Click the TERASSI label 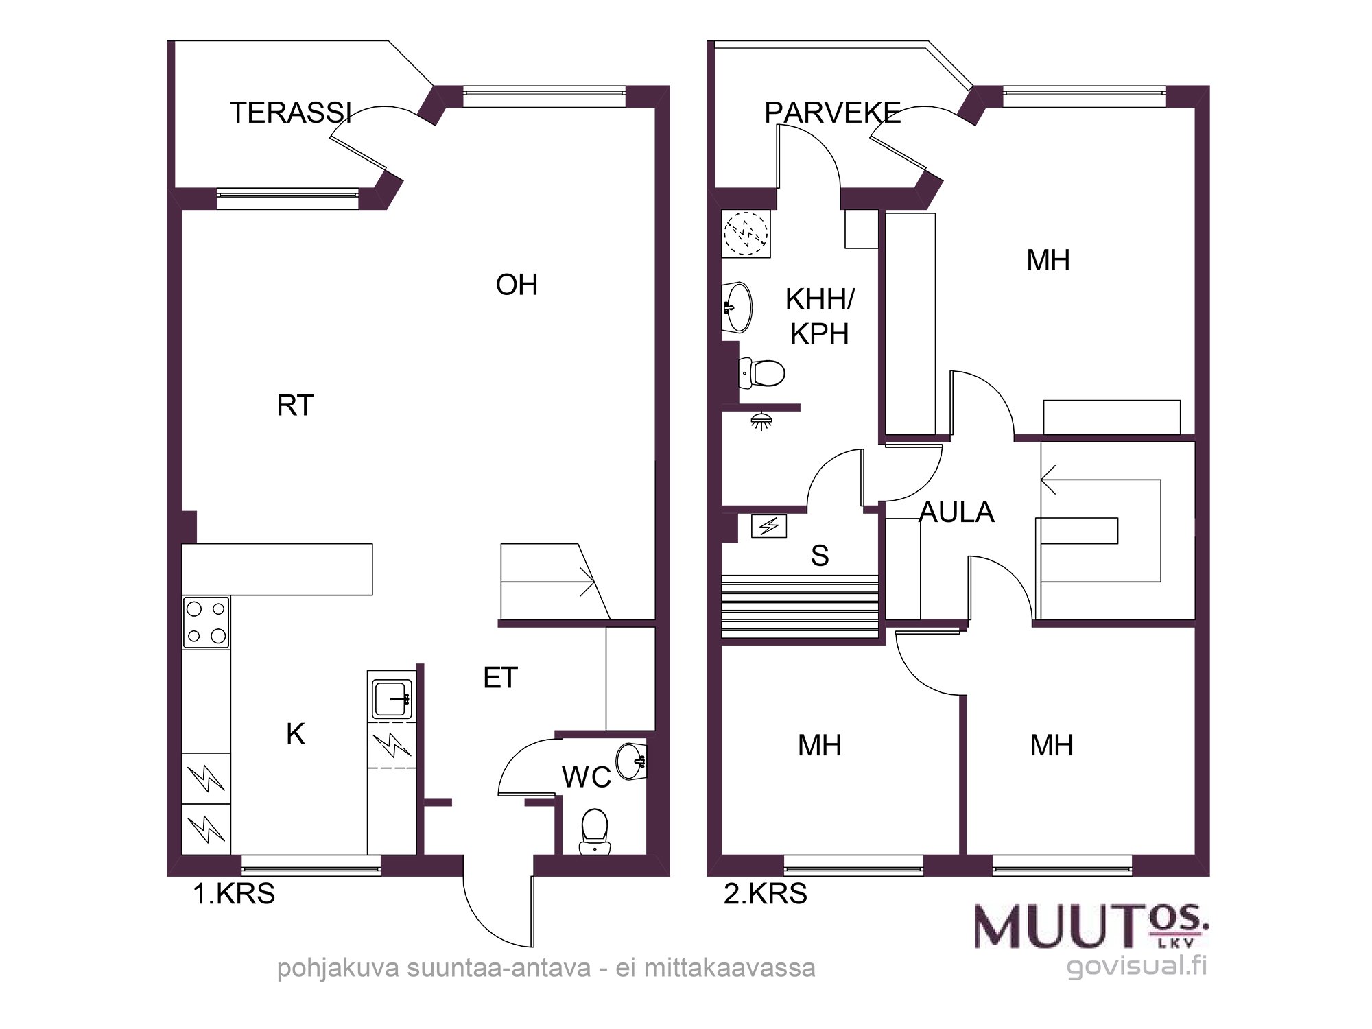[290, 113]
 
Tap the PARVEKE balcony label [833, 113]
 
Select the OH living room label [517, 285]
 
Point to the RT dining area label [295, 405]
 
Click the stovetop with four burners [206, 622]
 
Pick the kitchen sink [392, 699]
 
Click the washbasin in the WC [632, 761]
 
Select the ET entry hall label [500, 678]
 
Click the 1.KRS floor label [234, 894]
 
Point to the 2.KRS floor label [766, 894]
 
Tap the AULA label [956, 512]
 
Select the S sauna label [820, 556]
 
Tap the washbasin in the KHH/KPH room [737, 307]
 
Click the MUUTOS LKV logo [1091, 925]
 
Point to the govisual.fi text [1137, 966]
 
